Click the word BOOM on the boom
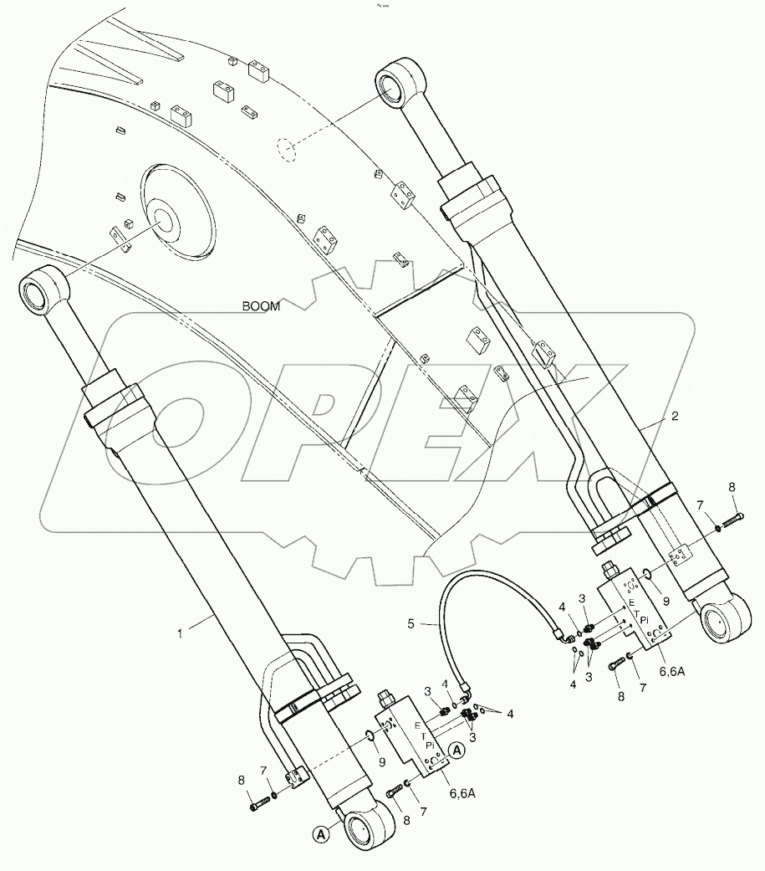(x=261, y=306)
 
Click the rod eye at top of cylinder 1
(x=39, y=292)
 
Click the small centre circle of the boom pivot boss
(x=161, y=220)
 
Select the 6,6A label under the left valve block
(x=464, y=791)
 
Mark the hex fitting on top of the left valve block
(x=387, y=697)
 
